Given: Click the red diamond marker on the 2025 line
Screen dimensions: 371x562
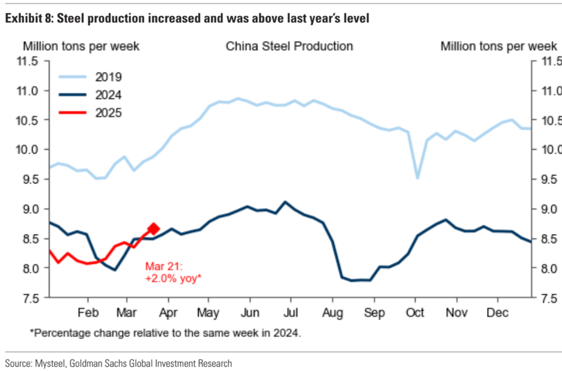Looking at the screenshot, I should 154,228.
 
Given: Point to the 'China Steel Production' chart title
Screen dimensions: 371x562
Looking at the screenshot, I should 289,46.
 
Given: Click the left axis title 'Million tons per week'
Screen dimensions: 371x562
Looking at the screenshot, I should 81,46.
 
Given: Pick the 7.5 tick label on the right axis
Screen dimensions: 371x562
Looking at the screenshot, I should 550,298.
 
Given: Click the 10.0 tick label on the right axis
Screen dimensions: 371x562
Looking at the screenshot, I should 550,150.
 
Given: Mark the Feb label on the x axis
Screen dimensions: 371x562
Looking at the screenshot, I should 87,314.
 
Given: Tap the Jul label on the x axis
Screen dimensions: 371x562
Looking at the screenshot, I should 291,314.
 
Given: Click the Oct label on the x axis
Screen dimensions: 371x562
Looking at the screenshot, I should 416,314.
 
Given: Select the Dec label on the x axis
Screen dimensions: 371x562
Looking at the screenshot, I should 497,314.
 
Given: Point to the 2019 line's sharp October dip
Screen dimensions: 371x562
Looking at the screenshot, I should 417,178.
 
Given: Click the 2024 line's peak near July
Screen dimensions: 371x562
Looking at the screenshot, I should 285,201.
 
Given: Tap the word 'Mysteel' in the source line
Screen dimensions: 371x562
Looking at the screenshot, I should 50,363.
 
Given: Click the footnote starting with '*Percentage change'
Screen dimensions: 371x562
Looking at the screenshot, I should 165,333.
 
